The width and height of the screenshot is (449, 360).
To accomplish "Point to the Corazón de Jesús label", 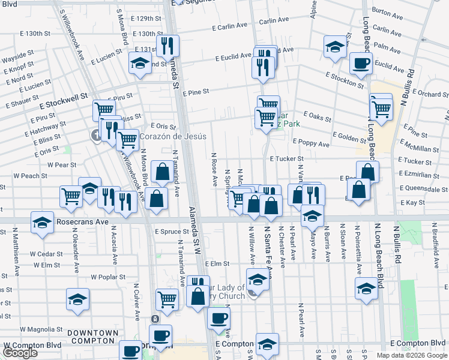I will pyautogui.click(x=173, y=137).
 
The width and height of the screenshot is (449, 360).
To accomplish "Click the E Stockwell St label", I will pyautogui.click(x=64, y=95).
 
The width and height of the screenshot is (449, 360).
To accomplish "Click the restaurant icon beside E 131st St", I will pyautogui.click(x=166, y=46).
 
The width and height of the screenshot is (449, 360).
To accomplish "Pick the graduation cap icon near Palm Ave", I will pyautogui.click(x=335, y=46).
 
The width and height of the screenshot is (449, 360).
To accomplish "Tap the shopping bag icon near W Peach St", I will pyautogui.click(x=162, y=172).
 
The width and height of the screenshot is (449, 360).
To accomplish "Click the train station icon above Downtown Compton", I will pyautogui.click(x=155, y=318).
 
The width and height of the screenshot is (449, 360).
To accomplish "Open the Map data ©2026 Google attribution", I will pyautogui.click(x=412, y=355).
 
